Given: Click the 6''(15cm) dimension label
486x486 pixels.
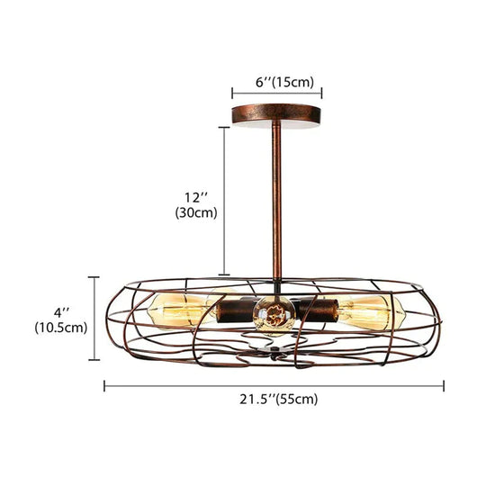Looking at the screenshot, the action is click(284, 83).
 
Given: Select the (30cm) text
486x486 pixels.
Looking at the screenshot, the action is click(196, 213).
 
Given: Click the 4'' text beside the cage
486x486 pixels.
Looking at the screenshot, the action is click(61, 312).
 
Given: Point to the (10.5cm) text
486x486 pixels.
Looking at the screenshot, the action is click(61, 328).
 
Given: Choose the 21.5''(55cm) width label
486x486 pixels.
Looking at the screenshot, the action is click(279, 400).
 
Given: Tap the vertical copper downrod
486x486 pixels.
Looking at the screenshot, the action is click(277, 202).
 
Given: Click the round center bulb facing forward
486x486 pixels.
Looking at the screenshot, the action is click(274, 316).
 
